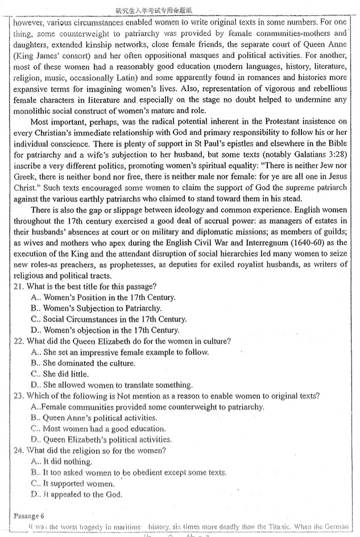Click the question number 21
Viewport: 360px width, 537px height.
pyautogui.click(x=18, y=286)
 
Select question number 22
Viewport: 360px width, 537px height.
pyautogui.click(x=18, y=341)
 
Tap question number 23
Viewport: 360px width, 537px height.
pyautogui.click(x=18, y=396)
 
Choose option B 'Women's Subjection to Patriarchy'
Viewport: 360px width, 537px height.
pyautogui.click(x=97, y=308)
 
